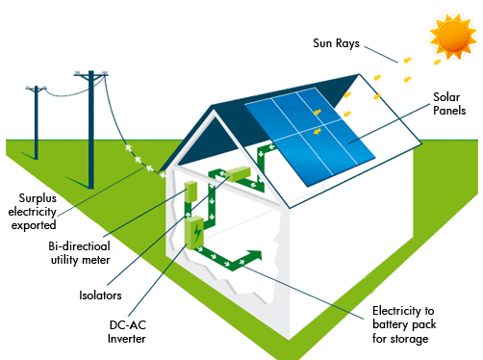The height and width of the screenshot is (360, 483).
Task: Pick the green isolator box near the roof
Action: pos(237,176)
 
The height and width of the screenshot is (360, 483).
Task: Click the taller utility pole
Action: pos(90,125)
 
